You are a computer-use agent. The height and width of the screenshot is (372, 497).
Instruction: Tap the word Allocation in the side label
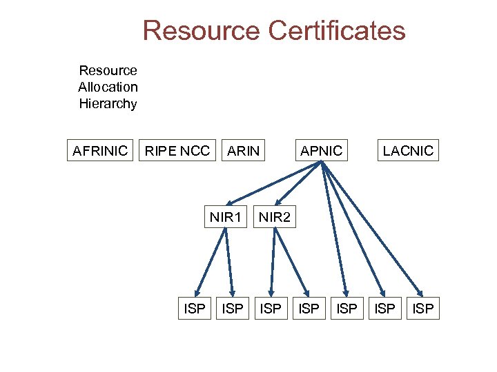pos(108,87)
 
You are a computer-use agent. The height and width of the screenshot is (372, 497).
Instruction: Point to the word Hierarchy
pos(108,104)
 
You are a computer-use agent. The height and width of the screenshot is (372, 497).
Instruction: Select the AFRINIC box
pos(100,150)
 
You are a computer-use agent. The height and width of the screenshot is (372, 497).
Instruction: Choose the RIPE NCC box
pos(176,150)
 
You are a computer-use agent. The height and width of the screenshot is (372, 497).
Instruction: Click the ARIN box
pos(244,150)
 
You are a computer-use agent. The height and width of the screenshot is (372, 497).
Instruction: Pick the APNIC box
pos(321,150)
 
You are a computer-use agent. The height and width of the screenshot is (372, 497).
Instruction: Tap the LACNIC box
pos(408,150)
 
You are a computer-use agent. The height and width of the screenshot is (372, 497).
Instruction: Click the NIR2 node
pos(275,218)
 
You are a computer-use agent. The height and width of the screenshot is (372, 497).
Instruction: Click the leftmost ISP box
pos(194,309)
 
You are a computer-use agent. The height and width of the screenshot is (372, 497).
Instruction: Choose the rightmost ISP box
pos(422,309)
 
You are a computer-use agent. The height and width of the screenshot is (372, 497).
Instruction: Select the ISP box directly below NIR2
pos(271,309)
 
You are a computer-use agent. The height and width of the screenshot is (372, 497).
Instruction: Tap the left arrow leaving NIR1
pos(211,262)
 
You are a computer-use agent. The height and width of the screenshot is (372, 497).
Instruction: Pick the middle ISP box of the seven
pos(309,309)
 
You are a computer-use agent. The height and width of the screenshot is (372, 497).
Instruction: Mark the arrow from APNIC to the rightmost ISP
pos(373,229)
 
